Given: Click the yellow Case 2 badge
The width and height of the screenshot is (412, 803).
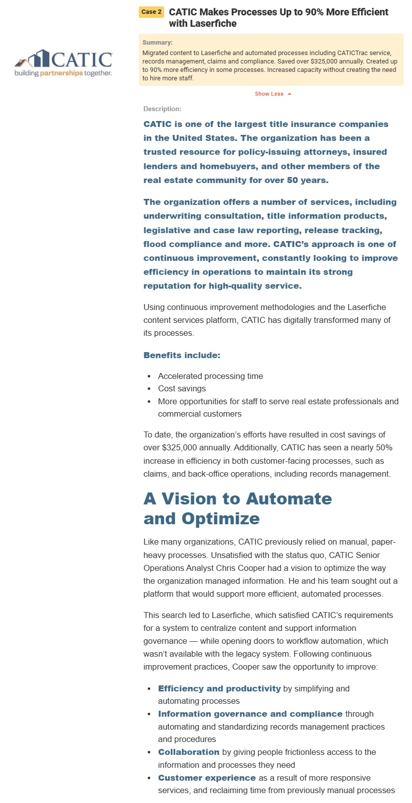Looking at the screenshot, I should tap(151, 12).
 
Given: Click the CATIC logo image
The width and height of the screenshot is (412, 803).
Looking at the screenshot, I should tap(63, 63).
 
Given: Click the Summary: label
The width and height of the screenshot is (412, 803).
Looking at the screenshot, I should tap(157, 43).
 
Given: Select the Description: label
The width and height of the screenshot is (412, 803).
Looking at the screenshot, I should tap(162, 109).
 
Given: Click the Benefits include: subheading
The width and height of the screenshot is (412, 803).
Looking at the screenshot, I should tap(182, 355).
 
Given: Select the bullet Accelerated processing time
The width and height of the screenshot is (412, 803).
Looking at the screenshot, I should tap(210, 376).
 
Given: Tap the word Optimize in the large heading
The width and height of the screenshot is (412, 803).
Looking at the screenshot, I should tap(220, 519).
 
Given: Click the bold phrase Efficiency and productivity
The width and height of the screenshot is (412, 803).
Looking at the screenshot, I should tap(219, 688).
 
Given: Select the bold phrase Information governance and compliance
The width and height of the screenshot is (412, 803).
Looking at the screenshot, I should tap(250, 714).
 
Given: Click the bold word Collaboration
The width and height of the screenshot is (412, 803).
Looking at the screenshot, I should tap(188, 752).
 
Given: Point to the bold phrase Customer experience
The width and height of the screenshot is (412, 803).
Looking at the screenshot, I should tap(207, 778).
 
